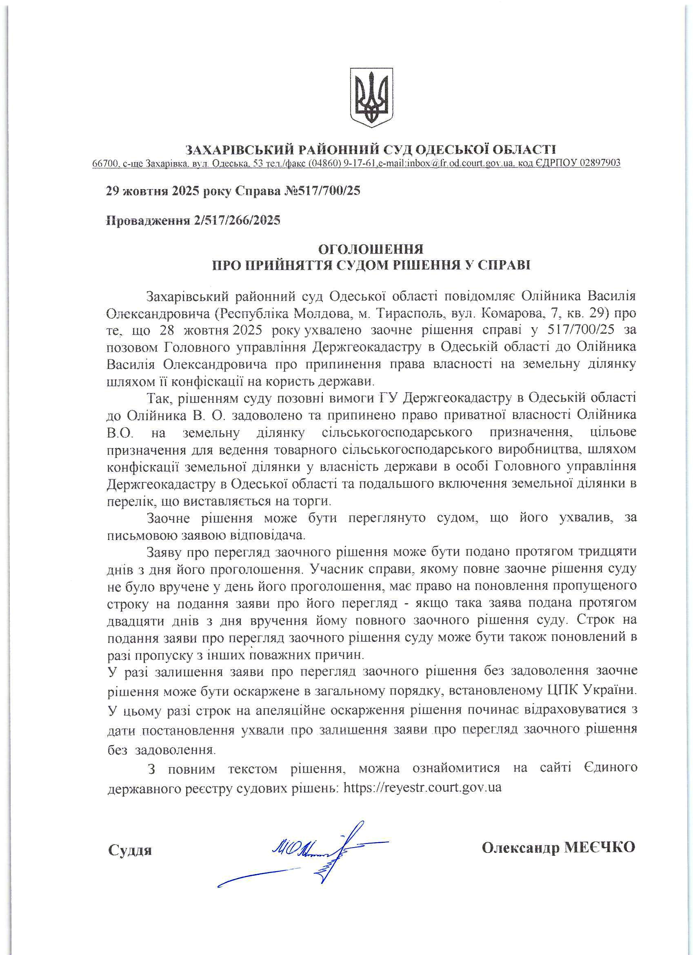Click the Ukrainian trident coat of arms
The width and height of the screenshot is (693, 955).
(x=371, y=97)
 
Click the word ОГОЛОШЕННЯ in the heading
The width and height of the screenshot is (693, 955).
(x=370, y=249)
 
